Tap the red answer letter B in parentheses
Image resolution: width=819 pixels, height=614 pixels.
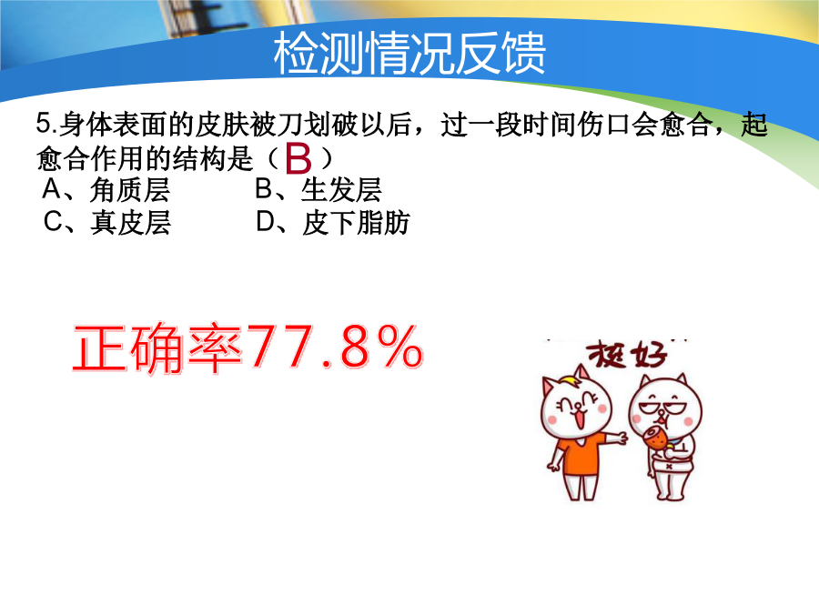(x=298, y=158)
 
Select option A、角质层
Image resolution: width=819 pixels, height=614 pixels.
(x=106, y=189)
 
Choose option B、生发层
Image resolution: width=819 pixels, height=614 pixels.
(x=318, y=189)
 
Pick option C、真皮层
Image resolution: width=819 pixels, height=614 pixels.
(x=107, y=223)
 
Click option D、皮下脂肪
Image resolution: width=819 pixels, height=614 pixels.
(x=333, y=223)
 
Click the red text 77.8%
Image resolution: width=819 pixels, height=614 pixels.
(x=335, y=347)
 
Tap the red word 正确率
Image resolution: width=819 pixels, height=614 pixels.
(x=158, y=348)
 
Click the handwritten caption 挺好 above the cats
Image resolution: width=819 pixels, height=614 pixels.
(x=627, y=356)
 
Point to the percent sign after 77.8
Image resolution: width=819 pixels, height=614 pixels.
(x=400, y=347)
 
